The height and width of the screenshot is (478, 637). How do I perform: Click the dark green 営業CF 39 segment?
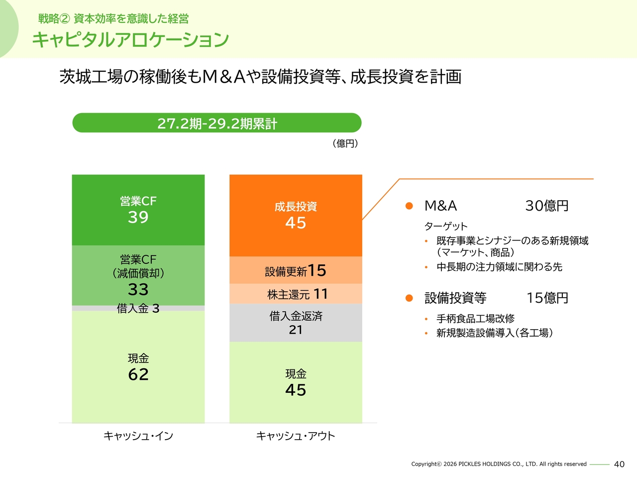(138, 210)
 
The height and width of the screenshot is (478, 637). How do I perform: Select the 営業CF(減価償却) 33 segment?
(138, 275)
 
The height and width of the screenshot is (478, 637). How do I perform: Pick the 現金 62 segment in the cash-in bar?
(138, 367)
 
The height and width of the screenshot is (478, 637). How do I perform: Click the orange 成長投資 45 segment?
(296, 216)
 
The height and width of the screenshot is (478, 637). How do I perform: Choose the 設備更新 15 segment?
(296, 270)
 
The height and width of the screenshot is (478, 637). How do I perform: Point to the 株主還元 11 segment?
(296, 294)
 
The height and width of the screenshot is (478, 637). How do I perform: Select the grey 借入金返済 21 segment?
(296, 323)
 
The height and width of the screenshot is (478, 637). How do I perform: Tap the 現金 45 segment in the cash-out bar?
(296, 382)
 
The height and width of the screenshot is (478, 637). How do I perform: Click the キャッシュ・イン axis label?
(138, 436)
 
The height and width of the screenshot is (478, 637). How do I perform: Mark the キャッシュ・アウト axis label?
(296, 436)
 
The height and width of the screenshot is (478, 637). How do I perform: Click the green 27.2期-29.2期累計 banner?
(217, 123)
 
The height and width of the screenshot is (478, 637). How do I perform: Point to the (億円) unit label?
(345, 143)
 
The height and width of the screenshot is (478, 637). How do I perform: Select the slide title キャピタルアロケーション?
(130, 40)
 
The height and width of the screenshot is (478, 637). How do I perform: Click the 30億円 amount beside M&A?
(547, 206)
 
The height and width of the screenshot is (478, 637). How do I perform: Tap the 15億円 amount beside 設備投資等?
(547, 298)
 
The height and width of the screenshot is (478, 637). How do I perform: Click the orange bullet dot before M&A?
(409, 206)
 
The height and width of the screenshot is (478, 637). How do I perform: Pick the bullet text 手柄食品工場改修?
(475, 319)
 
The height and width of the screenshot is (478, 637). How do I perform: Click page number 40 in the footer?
(619, 464)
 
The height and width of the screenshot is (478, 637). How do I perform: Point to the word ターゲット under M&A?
(446, 227)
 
